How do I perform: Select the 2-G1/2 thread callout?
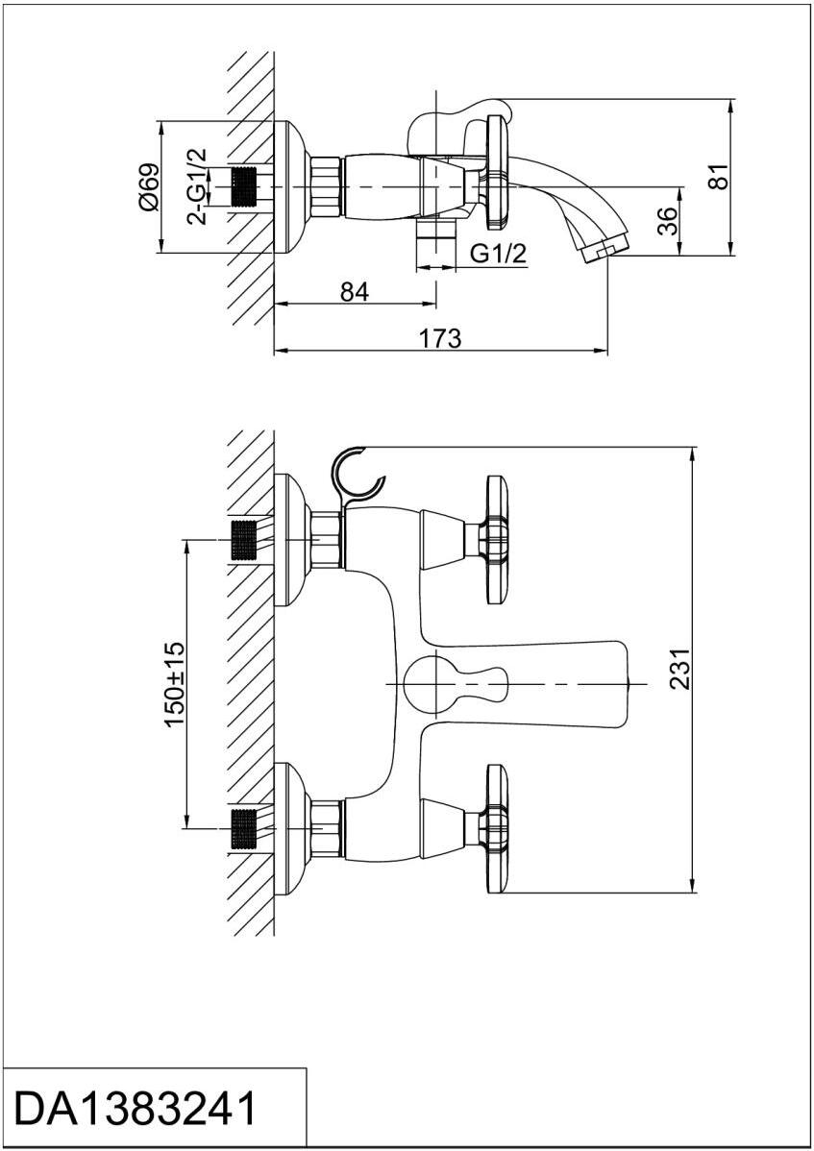(x=196, y=186)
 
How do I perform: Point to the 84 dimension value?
(x=354, y=292)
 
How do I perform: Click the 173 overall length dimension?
(x=441, y=338)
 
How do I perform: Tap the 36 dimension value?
(x=670, y=222)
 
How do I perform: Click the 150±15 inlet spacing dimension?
(x=174, y=683)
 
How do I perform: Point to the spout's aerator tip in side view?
(x=605, y=248)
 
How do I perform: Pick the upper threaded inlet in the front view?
(x=245, y=539)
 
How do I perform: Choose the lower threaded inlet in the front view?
(x=245, y=827)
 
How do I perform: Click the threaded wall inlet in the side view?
(x=247, y=186)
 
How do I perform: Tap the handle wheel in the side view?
(x=497, y=174)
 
